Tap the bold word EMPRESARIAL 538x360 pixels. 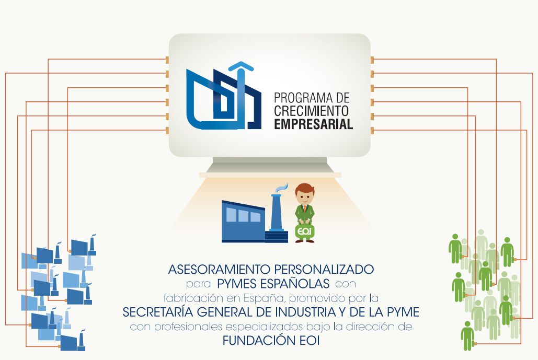coord(313,124)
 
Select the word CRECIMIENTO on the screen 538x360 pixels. coord(312,111)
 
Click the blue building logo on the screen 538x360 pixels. coord(224,99)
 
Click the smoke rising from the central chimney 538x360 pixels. coord(281,187)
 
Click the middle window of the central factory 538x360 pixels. coord(244,215)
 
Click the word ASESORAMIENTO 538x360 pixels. coord(220,270)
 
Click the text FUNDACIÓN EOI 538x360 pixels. coord(270,341)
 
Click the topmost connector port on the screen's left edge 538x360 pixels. coord(167,59)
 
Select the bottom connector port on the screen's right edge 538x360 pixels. coord(372,130)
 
